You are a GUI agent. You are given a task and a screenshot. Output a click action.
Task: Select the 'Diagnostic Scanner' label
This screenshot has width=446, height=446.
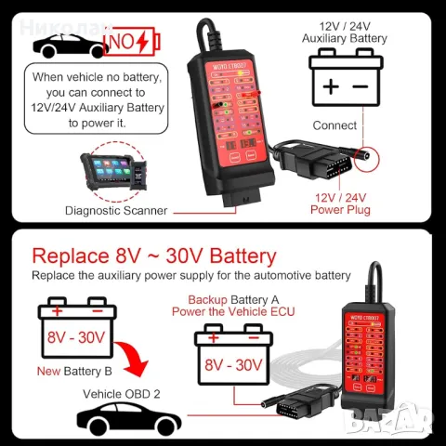pos(116,211)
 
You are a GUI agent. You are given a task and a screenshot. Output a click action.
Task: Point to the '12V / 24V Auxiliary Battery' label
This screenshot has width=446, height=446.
pos(345,32)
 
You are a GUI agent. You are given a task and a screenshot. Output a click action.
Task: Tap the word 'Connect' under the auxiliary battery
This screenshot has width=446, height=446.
pos(334,125)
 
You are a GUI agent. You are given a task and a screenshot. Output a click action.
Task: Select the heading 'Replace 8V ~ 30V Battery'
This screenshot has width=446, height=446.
pos(154,256)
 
